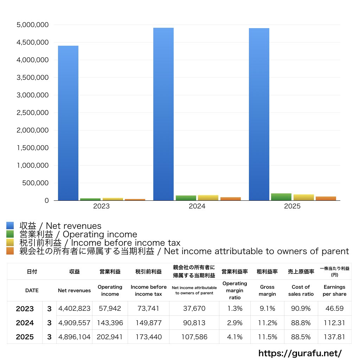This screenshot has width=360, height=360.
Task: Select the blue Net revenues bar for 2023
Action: tap(68, 123)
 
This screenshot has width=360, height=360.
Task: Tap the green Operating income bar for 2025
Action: tap(281, 197)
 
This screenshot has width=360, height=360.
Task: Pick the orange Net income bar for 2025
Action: tap(326, 198)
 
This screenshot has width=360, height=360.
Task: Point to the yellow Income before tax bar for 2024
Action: tap(208, 198)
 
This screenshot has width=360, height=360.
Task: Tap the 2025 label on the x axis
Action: tap(292, 206)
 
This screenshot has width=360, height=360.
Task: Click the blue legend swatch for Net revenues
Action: tap(10, 226)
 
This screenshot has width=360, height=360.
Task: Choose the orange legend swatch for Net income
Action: tap(10, 251)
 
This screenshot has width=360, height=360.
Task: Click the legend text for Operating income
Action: tap(78, 234)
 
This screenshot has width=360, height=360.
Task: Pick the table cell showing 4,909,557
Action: tap(74, 323)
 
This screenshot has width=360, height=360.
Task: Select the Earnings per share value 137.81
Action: tap(334, 337)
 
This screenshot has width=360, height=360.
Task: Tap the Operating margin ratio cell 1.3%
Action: tap(234, 309)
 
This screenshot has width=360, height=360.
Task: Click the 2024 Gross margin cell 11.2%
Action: tap(267, 323)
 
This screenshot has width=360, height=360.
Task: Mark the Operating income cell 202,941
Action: tap(110, 337)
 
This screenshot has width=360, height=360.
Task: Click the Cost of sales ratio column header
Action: tap(301, 290)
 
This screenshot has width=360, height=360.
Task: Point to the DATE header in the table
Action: tap(32, 290)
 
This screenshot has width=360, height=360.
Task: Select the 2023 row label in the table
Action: tap(25, 309)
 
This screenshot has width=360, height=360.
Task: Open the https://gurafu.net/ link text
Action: tap(300, 353)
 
